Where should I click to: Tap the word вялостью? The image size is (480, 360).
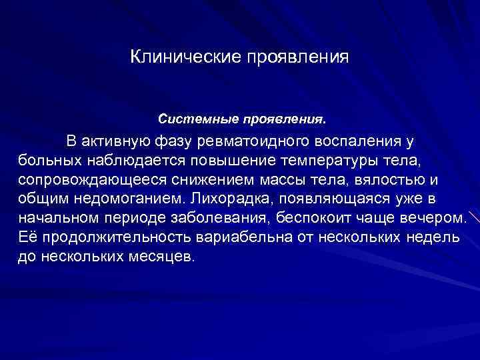click(x=381, y=180)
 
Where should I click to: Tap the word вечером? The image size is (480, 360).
click(x=434, y=218)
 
